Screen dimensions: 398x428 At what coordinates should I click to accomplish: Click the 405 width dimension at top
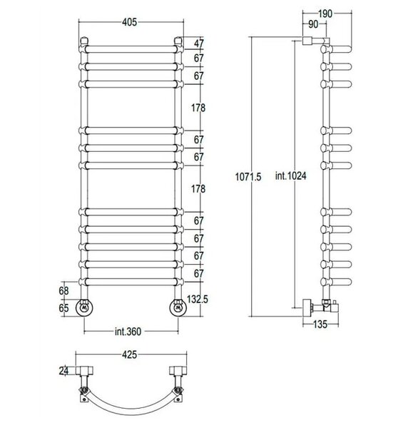coord(129,22)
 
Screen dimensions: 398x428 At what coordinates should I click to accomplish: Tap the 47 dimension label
coord(199,43)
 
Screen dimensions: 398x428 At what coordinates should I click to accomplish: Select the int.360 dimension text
coord(128,332)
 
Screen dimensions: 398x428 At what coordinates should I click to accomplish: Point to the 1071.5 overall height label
coord(248,177)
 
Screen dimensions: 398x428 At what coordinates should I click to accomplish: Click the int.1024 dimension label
coord(290,175)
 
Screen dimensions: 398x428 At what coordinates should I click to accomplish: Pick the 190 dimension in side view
coord(325,14)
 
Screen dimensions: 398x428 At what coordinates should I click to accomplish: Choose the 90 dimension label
coord(313,24)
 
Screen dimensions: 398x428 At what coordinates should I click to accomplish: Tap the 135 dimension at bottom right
coord(320,325)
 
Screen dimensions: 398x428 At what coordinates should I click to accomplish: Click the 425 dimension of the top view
coord(129,355)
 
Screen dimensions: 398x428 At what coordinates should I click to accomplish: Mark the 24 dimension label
coord(63,371)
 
